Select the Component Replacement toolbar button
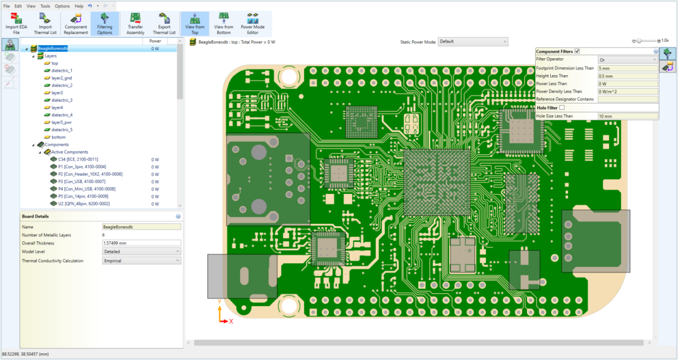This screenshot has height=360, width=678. (x=76, y=23)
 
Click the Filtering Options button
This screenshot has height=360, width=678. (x=105, y=23)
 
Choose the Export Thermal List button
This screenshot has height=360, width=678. (x=164, y=23)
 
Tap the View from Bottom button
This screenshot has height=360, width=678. (x=224, y=23)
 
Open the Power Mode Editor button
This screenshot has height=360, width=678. (x=253, y=23)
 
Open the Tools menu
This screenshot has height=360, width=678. (x=45, y=6)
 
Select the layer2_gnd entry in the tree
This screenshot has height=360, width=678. (x=62, y=78)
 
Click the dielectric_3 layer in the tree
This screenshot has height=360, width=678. (x=62, y=100)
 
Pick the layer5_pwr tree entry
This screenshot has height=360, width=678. (x=62, y=122)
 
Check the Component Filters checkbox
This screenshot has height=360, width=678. (x=577, y=51)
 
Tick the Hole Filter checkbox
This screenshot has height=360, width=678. (x=562, y=107)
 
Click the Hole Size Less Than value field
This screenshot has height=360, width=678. (x=627, y=116)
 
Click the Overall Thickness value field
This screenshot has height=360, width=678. (x=141, y=243)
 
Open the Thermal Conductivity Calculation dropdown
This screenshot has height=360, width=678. (x=141, y=261)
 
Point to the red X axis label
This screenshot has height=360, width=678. (x=231, y=321)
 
